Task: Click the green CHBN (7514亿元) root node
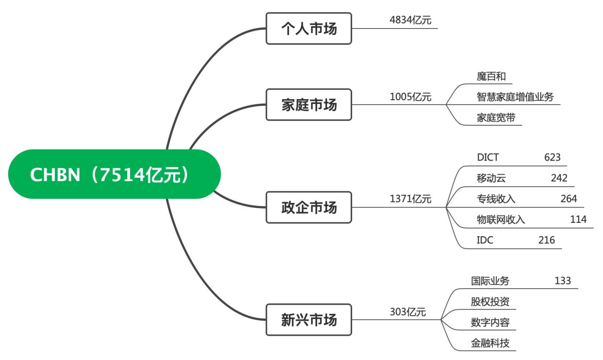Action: (x=114, y=174)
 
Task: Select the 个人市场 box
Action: (x=308, y=29)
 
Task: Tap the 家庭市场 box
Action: (x=308, y=105)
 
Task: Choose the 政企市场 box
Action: (x=308, y=207)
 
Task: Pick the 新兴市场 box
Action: (x=308, y=320)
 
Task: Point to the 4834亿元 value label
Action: (x=410, y=20)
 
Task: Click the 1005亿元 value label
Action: (x=410, y=97)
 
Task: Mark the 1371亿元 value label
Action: (x=410, y=200)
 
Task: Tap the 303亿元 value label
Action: (x=407, y=312)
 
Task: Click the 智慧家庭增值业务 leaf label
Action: (x=515, y=97)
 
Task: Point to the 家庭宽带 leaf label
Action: (x=495, y=118)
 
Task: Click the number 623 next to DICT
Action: (x=553, y=158)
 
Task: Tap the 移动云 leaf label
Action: (x=491, y=179)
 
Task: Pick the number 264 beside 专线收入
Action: (x=568, y=199)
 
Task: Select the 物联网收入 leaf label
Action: (x=501, y=220)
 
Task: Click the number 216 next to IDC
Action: (x=546, y=240)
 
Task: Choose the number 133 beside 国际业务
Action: (x=563, y=281)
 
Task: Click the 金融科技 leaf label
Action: (x=490, y=343)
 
